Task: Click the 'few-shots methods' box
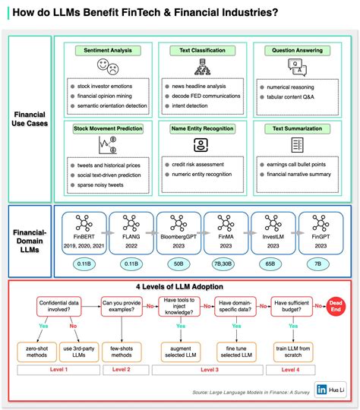click(x=122, y=352)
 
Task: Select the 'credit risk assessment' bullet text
click(x=197, y=163)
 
